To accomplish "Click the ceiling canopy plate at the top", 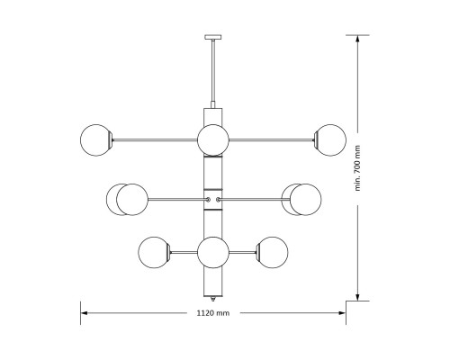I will (212, 38).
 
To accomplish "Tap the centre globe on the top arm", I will (212, 139).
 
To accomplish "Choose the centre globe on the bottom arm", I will (212, 251).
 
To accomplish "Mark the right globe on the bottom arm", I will (272, 251).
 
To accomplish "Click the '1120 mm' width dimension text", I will (212, 313).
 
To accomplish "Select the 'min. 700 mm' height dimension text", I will (357, 169).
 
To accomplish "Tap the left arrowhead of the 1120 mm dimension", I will (85, 313).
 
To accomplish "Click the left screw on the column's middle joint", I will (208, 198).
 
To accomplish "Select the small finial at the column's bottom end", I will (212, 300).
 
